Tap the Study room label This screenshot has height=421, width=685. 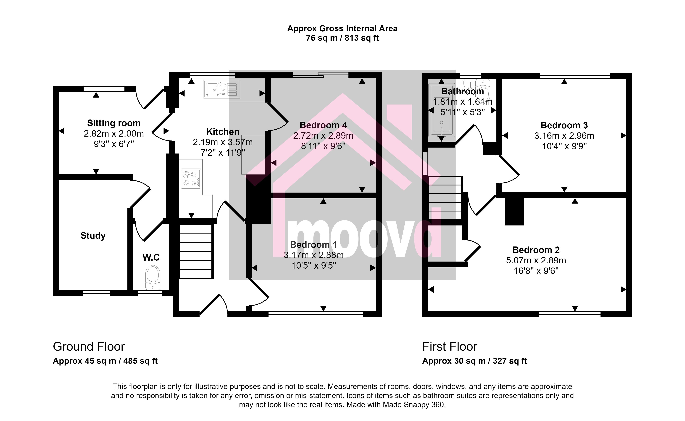tap(93, 236)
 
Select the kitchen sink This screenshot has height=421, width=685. tap(221, 89)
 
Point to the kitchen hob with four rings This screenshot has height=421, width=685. tap(191, 178)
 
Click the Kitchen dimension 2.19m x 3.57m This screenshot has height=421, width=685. tap(223, 142)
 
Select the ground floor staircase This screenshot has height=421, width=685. tap(196, 252)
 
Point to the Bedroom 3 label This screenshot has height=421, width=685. tap(564, 125)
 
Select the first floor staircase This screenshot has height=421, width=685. tap(445, 198)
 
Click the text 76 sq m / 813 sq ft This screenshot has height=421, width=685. tap(342, 38)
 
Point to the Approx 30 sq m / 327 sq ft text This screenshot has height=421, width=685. tap(475, 361)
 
